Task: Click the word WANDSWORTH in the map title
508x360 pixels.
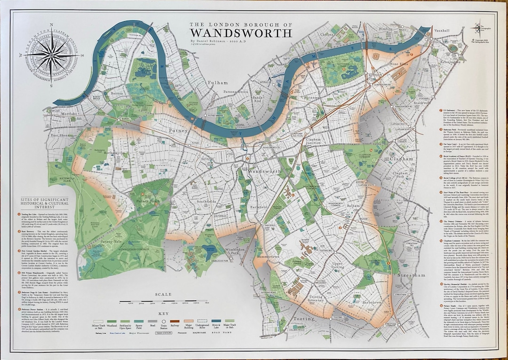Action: tap(241, 32)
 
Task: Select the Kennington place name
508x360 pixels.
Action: tap(451, 62)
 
